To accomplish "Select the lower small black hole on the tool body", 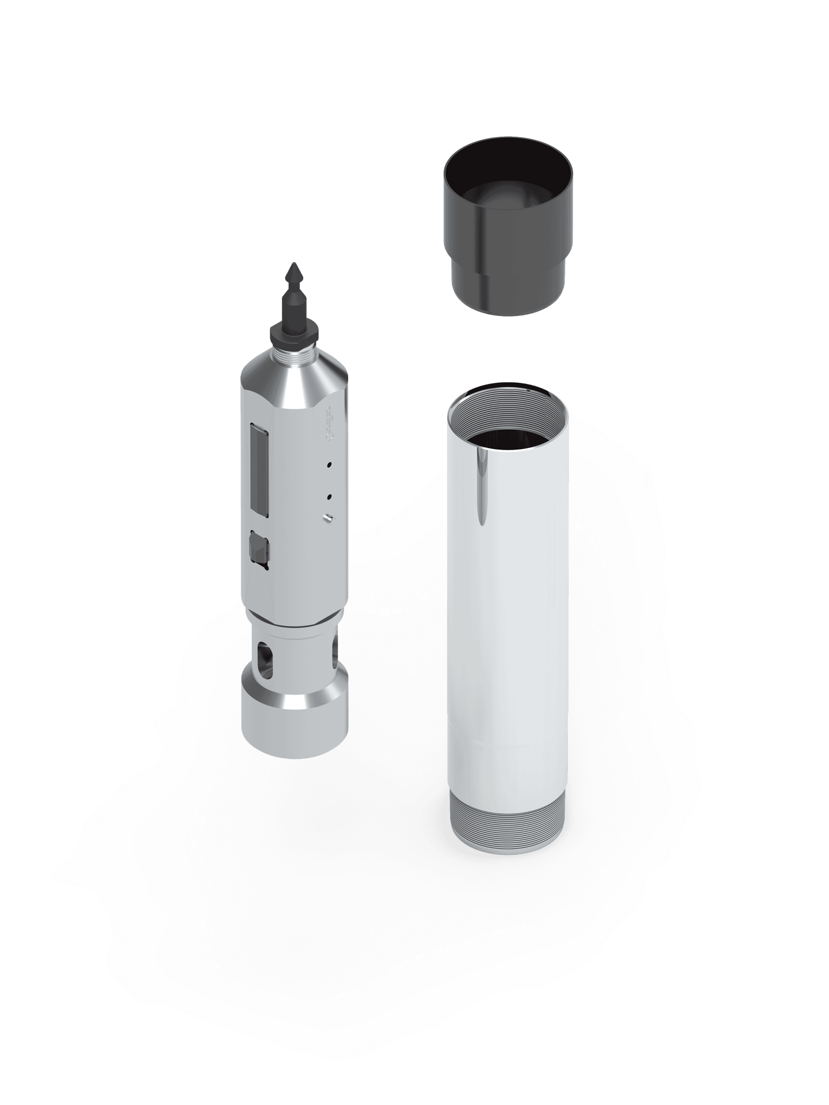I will point(329,496).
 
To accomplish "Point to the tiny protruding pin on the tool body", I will point(327,518).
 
